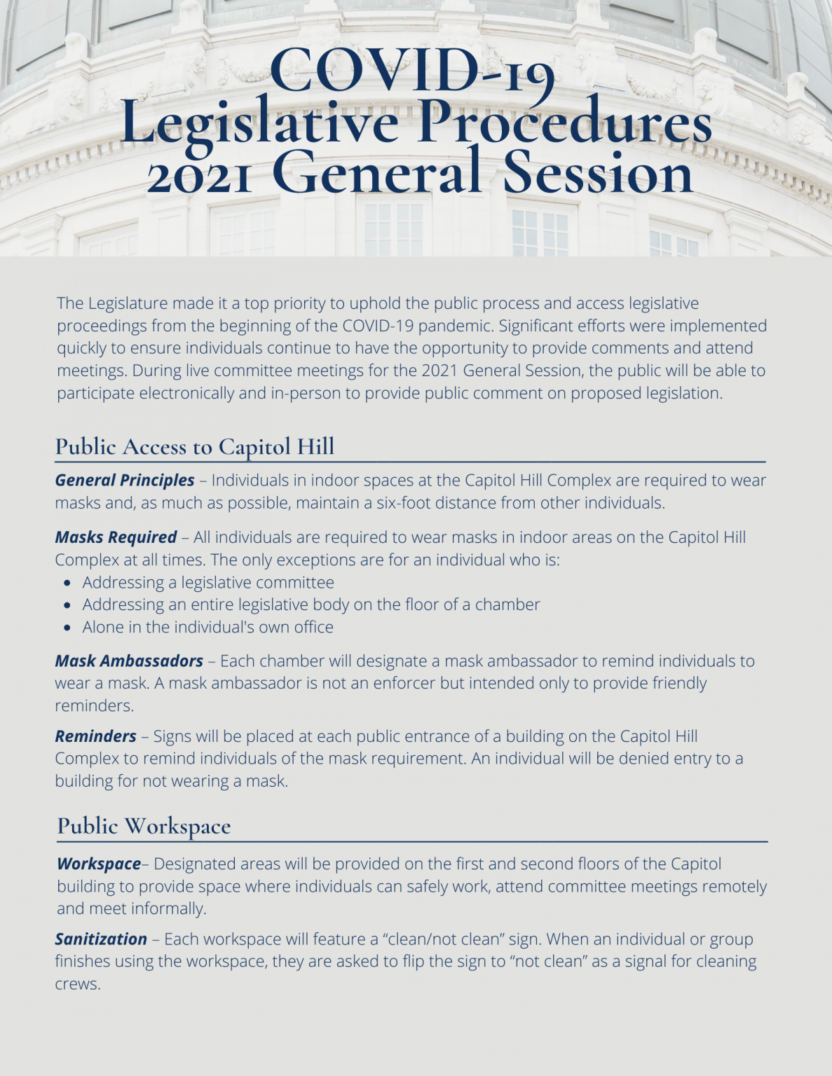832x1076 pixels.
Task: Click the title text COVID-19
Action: click(x=412, y=71)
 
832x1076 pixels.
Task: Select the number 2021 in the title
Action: click(x=199, y=174)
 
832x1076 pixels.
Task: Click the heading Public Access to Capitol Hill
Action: click(x=195, y=446)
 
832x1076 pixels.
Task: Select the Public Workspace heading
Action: click(x=144, y=826)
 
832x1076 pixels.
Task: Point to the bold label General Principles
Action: click(x=125, y=481)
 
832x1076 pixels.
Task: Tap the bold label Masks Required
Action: click(x=116, y=537)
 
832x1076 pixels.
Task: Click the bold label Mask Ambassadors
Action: click(x=129, y=661)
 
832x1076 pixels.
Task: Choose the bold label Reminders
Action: click(x=96, y=736)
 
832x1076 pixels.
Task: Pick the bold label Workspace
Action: click(x=99, y=864)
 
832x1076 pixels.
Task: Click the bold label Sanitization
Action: click(x=101, y=939)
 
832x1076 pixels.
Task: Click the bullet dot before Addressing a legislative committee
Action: click(x=67, y=583)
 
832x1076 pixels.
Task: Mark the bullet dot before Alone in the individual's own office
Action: click(x=67, y=628)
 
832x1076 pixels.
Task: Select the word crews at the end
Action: click(x=77, y=984)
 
